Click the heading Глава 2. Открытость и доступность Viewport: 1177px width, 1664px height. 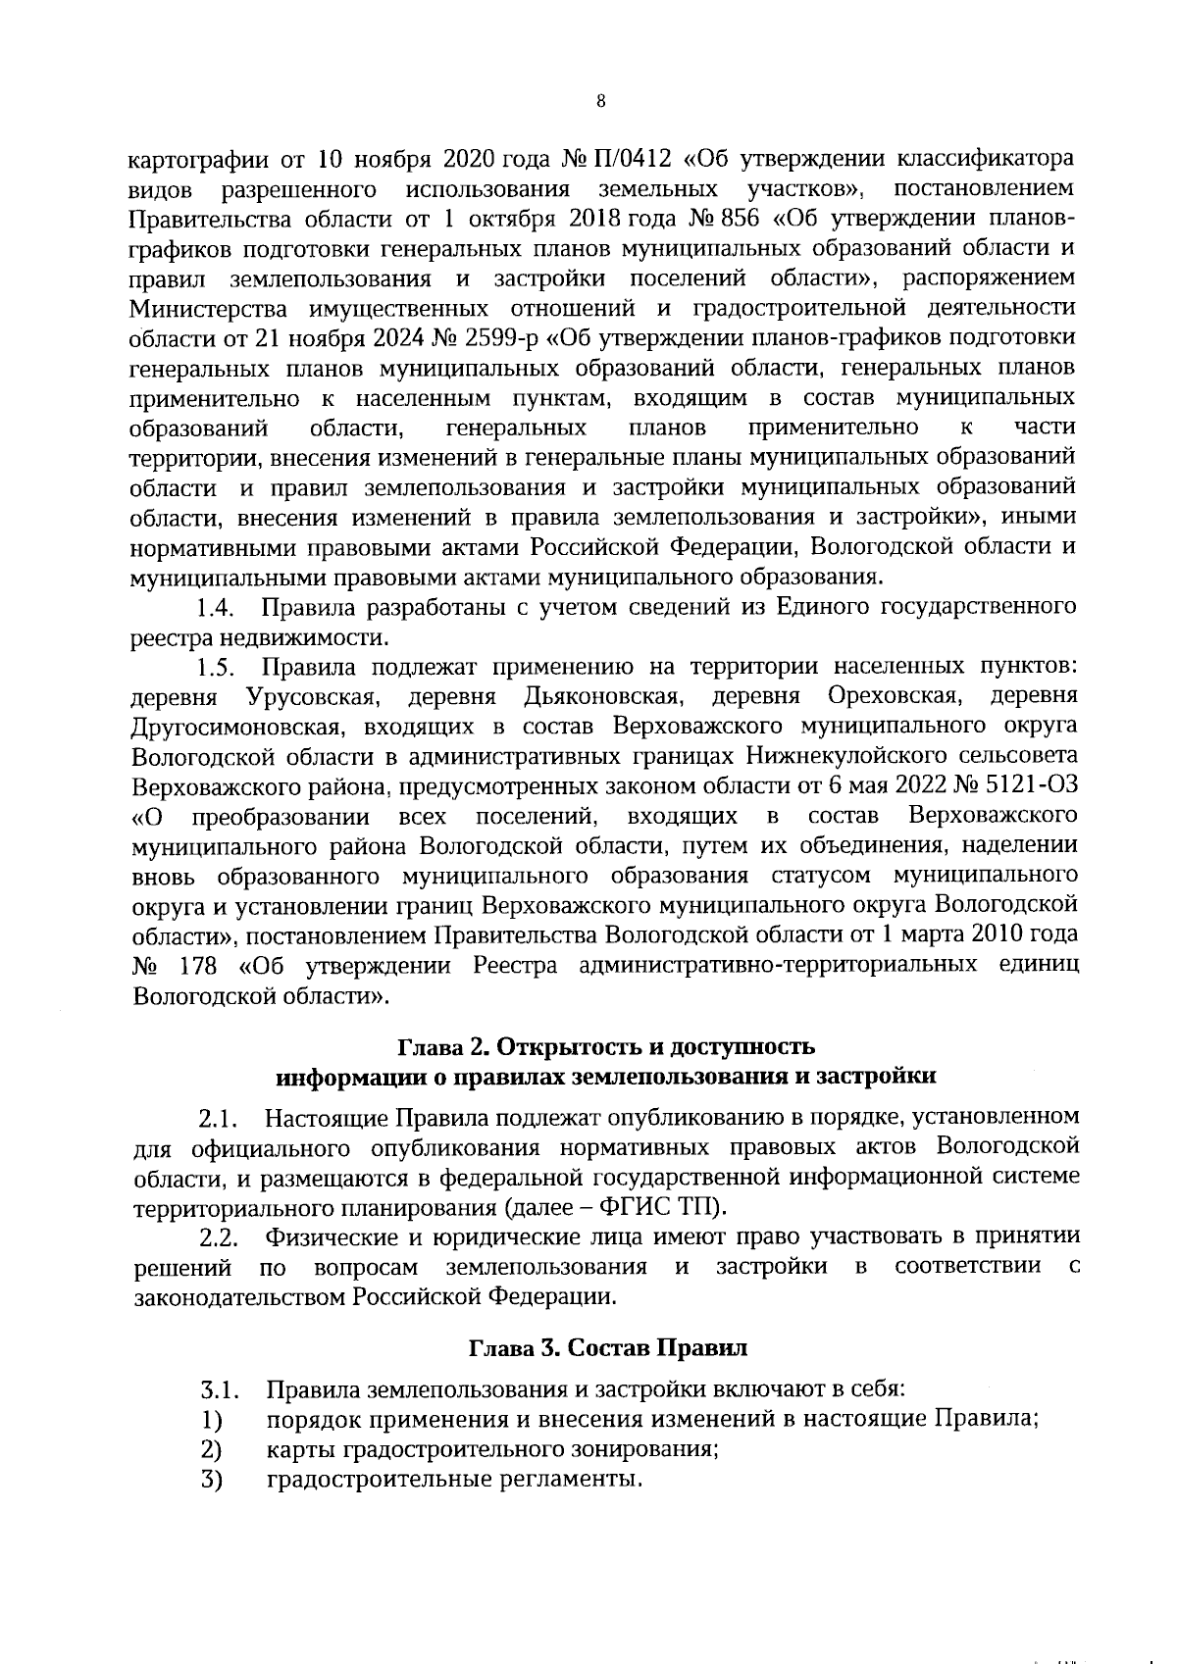point(604,1045)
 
